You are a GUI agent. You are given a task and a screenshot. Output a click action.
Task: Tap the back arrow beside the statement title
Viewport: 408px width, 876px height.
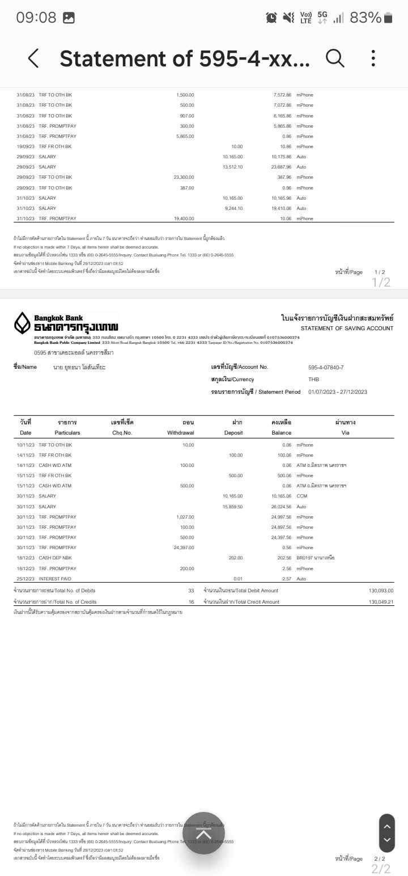(33, 58)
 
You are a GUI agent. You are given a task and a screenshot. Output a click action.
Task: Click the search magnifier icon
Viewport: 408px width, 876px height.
(335, 58)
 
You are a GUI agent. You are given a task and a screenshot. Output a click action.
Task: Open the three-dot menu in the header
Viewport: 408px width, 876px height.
(373, 58)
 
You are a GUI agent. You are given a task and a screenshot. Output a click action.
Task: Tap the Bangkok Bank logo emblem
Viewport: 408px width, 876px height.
(22, 323)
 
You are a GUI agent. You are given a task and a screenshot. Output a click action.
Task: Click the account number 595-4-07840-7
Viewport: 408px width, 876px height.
(326, 367)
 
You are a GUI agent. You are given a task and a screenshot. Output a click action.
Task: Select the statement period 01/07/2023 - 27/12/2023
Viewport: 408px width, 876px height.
(338, 392)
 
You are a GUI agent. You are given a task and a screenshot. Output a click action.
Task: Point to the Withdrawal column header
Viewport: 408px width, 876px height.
(181, 432)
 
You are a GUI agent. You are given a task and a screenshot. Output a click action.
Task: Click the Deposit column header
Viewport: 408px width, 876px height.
(233, 432)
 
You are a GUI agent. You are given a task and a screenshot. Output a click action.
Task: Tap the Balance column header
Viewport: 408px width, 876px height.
(281, 432)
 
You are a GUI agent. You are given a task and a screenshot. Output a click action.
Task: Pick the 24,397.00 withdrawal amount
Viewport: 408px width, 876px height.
(184, 547)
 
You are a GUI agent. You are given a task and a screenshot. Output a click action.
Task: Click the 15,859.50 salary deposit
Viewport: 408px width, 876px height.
(232, 507)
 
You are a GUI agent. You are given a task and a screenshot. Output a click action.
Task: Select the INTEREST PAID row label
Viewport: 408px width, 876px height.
(55, 579)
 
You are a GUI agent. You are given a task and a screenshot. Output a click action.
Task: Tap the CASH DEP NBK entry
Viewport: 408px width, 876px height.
(55, 558)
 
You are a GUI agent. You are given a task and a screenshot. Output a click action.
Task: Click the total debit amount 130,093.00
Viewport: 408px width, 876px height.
(381, 591)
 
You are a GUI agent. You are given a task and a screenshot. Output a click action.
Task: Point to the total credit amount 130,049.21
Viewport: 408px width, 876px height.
(381, 602)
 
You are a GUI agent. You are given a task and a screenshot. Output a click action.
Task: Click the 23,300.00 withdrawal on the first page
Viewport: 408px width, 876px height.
(184, 178)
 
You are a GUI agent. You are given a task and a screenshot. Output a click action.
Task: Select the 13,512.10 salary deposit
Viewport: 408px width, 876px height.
(232, 167)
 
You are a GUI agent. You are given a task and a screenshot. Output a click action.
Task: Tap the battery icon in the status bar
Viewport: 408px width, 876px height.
(388, 18)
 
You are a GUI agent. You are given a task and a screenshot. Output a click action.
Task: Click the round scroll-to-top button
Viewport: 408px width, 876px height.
(203, 833)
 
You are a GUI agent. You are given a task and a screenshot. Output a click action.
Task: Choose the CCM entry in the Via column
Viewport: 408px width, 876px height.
(301, 496)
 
